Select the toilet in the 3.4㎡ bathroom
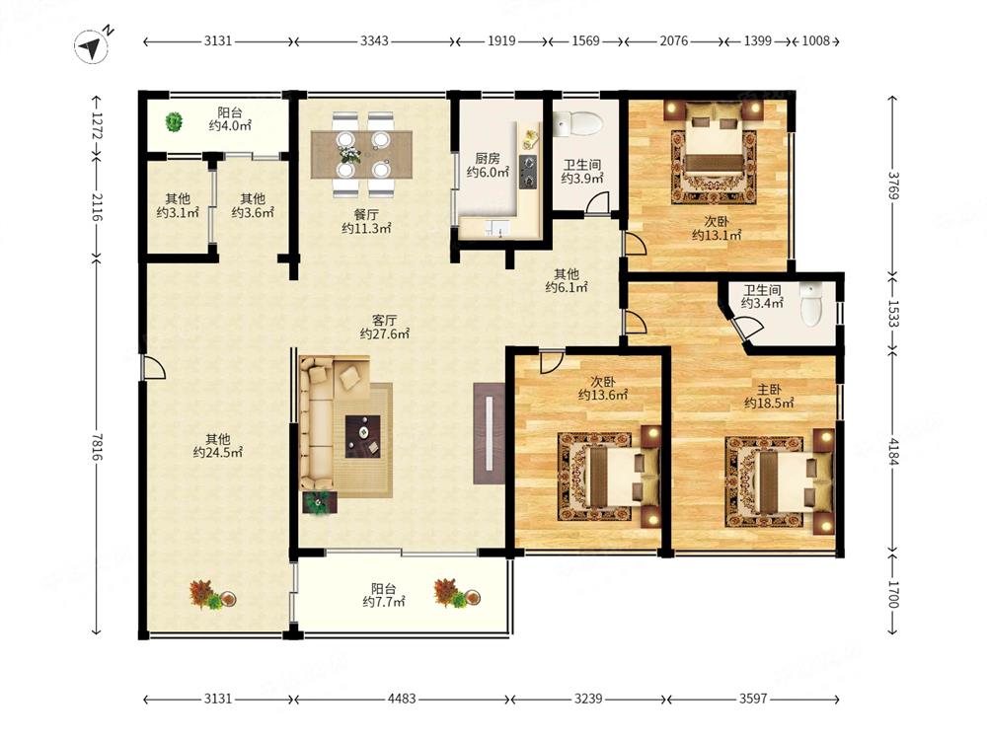pos(811,303)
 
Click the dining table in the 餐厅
pos(361,154)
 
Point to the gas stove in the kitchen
pos(527,172)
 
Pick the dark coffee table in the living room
pos(363,436)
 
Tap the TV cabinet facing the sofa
pos(490,433)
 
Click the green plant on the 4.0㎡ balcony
pos(173,121)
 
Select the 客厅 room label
pos(384,321)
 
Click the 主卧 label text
pos(769,390)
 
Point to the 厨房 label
pos(488,158)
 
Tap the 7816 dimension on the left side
pos(97,446)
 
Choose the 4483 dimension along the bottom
pos(402,699)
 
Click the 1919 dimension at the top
pos(501,40)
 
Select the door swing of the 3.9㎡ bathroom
pos(597,202)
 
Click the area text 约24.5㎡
pos(217,453)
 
